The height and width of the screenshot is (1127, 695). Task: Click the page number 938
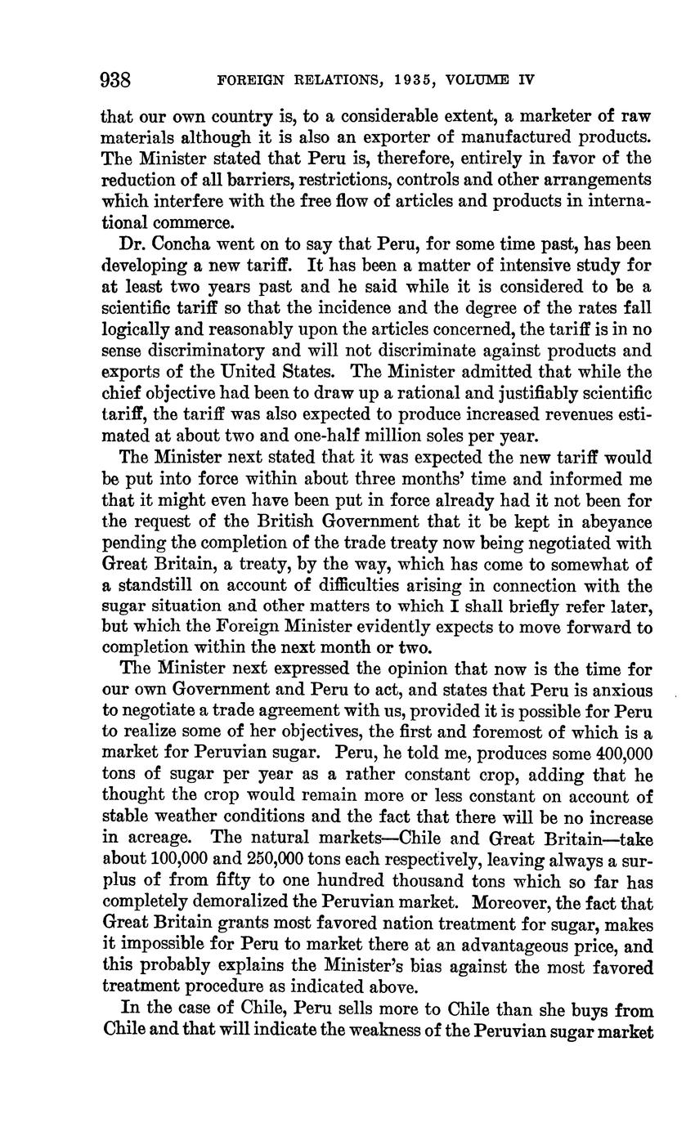click(x=116, y=80)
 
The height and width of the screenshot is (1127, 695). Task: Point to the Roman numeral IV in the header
click(x=526, y=80)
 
